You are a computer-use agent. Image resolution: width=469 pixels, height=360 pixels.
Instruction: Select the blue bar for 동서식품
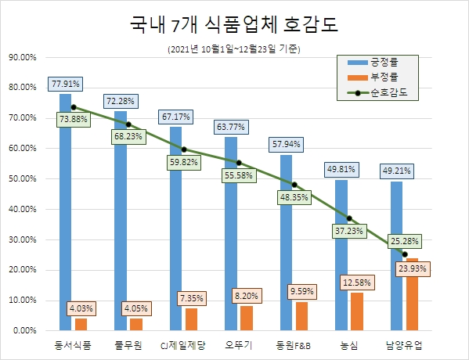tap(65, 211)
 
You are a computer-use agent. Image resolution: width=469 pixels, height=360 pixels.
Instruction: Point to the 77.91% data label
tap(65, 83)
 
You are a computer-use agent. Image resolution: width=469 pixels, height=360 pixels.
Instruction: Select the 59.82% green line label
tap(184, 163)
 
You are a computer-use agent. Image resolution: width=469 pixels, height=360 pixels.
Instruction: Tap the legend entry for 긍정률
tap(384, 62)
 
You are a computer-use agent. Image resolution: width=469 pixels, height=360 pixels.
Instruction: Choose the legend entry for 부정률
tap(384, 77)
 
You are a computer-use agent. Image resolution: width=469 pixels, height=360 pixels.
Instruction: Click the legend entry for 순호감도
tap(384, 92)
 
